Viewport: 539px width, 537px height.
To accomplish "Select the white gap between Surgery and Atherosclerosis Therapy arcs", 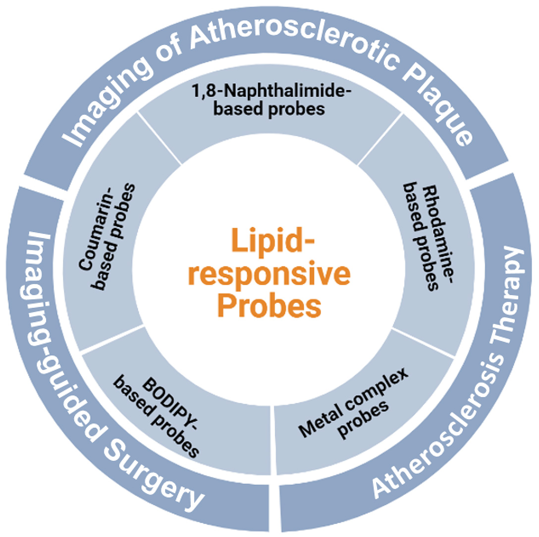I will click(274, 510).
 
